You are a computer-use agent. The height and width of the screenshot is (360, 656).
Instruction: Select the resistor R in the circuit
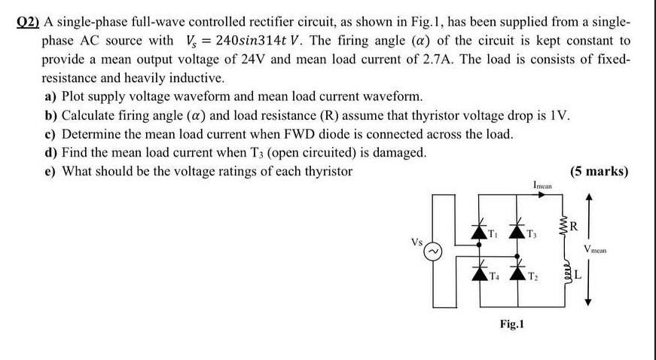coord(565,225)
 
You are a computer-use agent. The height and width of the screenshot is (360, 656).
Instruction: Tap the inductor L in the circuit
coord(566,274)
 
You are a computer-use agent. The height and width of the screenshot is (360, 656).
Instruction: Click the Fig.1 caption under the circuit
coord(512,326)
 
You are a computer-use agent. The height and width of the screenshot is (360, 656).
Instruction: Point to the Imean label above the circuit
coord(542,184)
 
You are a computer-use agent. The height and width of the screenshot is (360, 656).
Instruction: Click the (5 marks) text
coord(599,171)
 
